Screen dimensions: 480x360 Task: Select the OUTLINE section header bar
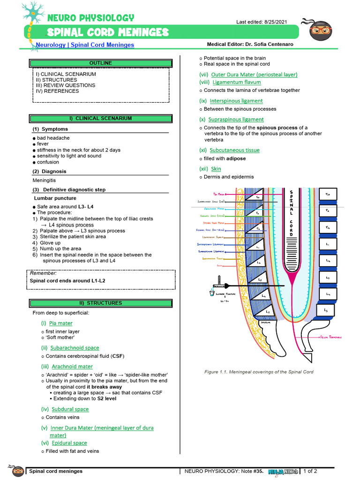(x=100, y=63)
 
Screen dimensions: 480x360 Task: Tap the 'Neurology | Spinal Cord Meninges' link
(x=85, y=45)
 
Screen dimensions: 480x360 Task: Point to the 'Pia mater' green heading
(x=60, y=323)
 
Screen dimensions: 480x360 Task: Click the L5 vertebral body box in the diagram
(x=325, y=310)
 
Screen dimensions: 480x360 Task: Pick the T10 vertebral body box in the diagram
(x=327, y=194)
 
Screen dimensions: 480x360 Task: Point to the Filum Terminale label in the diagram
(x=331, y=337)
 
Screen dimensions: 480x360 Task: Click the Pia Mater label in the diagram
(x=218, y=194)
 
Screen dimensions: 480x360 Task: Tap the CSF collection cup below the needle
(x=212, y=293)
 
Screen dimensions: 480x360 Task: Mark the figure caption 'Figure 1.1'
(x=258, y=372)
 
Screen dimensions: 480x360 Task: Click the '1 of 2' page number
(x=310, y=471)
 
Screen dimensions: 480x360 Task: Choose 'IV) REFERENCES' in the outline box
(x=57, y=91)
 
